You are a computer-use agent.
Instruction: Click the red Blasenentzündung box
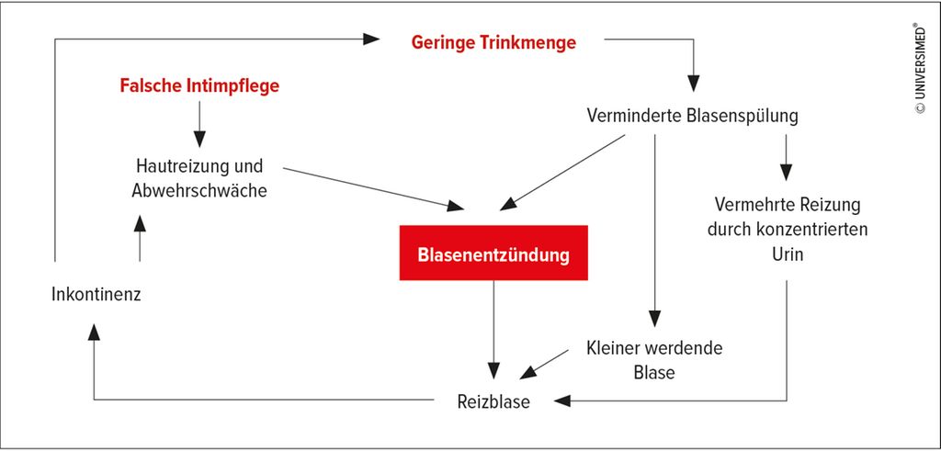click(493, 253)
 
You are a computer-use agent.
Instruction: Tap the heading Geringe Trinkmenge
click(493, 42)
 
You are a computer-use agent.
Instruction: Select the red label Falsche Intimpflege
click(199, 85)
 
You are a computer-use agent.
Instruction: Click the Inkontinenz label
click(96, 295)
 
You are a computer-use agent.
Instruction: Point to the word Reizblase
click(493, 400)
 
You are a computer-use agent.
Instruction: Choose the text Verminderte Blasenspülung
click(692, 116)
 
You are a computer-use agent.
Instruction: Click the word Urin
click(787, 254)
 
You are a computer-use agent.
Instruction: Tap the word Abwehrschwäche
click(199, 190)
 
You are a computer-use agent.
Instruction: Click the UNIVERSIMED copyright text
click(919, 68)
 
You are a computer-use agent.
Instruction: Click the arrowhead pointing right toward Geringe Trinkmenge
click(371, 39)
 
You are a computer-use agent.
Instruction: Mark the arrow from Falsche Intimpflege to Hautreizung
click(199, 124)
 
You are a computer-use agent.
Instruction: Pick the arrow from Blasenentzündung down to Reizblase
click(493, 330)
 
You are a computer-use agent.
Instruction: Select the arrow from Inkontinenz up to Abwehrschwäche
click(140, 239)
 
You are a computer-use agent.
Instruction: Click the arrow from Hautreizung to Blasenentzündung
click(373, 189)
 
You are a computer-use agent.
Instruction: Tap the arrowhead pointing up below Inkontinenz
click(94, 332)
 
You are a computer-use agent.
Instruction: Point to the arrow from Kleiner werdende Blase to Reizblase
click(544, 365)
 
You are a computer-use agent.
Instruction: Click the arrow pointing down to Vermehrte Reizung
click(787, 158)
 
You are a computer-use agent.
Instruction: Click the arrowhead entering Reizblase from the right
click(563, 400)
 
